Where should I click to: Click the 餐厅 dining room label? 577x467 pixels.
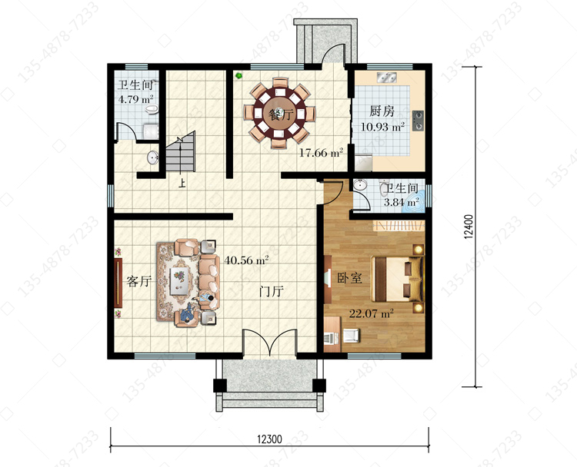tap(281, 115)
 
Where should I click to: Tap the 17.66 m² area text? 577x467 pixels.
tap(321, 153)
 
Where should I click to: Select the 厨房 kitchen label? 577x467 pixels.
tap(382, 111)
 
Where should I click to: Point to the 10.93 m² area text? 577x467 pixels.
tap(382, 127)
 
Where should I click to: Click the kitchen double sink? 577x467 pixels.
tap(386, 78)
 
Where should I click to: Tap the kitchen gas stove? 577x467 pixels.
tap(418, 121)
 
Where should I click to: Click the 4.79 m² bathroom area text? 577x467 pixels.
tap(135, 99)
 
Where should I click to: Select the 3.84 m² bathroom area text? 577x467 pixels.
tap(402, 202)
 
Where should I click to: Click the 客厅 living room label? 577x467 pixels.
tap(138, 281)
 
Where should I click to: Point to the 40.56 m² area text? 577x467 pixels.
tap(246, 260)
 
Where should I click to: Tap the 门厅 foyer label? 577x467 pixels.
tap(272, 292)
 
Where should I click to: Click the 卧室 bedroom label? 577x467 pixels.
tap(349, 278)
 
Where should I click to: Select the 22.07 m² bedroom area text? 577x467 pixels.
tap(371, 313)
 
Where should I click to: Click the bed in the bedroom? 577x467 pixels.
tap(398, 279)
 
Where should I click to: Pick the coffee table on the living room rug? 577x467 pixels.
tap(180, 280)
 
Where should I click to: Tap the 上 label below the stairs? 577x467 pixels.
tap(182, 183)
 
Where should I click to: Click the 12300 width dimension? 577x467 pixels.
tap(270, 439)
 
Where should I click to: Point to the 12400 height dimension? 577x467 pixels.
tap(469, 227)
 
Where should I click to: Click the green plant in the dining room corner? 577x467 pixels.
tap(238, 76)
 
